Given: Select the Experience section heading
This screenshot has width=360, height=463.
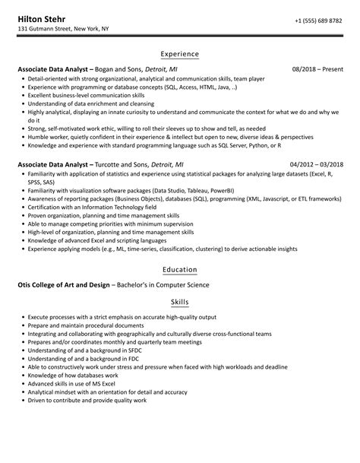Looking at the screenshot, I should point(180,54).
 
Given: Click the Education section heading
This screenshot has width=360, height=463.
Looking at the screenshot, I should point(180,269).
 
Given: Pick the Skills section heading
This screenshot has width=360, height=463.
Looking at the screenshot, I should point(180,302).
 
